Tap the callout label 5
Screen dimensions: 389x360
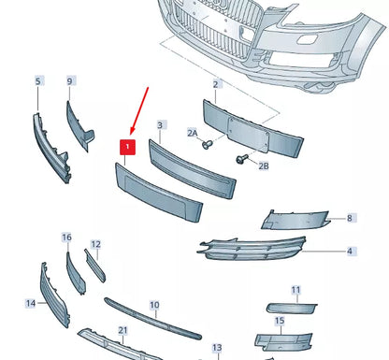pos(38,81)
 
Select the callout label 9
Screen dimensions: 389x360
pos(69,81)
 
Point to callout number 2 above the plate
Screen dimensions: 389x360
pos(216,84)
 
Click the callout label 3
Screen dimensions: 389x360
pos(160,124)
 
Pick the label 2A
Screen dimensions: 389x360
pos(194,134)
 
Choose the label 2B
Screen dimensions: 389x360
pos(263,166)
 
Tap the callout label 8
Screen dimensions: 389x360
pos(350,218)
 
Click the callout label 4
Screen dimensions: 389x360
pos(350,251)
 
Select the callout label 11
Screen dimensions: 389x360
pos(295,290)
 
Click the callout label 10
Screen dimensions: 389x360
pos(154,305)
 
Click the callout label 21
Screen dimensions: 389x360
pos(122,330)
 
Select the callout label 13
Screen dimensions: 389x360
pos(216,348)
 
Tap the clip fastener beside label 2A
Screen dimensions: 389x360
pos(207,145)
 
